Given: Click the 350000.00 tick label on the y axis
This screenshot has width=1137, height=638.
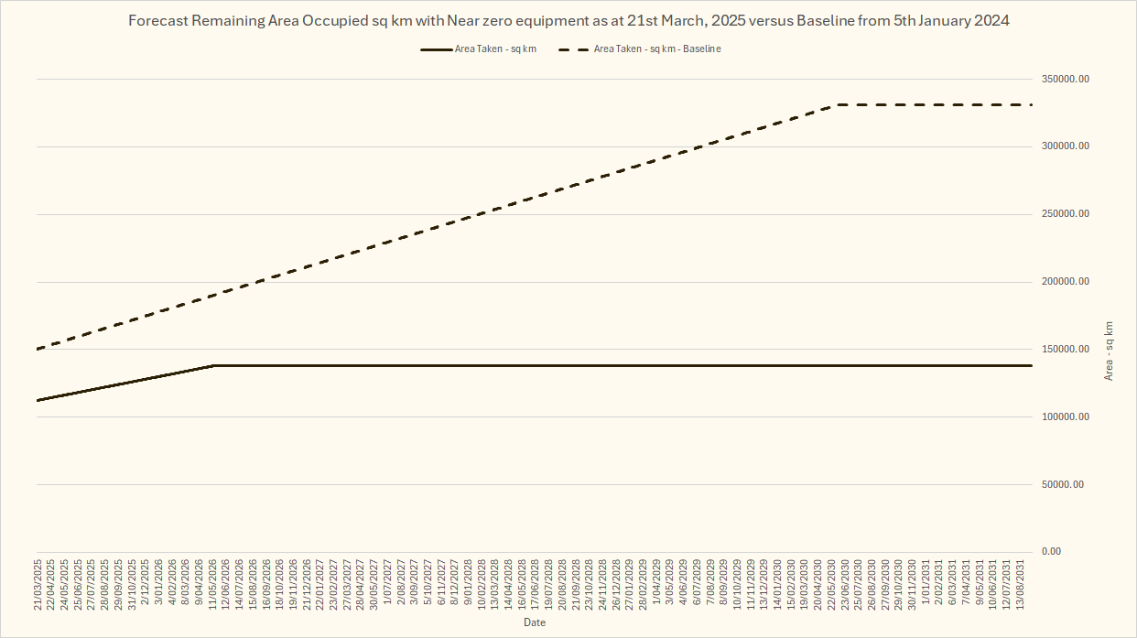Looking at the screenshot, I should click(1066, 80).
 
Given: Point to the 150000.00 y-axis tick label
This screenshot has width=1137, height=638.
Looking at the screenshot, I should click(1066, 350).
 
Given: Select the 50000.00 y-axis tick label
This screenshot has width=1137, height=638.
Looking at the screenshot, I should click(1063, 484).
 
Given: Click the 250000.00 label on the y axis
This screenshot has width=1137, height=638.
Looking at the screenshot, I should click(1066, 214).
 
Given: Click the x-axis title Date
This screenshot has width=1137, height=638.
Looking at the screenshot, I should click(535, 622).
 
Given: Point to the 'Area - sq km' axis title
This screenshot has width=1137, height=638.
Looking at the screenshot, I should click(1110, 351).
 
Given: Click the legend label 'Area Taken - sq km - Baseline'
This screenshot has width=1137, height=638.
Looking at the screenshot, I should click(657, 49).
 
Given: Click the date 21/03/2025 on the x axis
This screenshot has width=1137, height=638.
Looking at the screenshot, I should click(38, 583).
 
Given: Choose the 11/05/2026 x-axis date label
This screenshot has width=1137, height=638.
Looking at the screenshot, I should click(213, 583).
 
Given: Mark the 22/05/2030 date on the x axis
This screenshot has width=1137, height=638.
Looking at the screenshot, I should click(831, 583).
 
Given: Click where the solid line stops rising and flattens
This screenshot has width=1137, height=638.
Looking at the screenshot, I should click(213, 365).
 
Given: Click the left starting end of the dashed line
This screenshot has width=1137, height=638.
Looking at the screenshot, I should click(38, 349).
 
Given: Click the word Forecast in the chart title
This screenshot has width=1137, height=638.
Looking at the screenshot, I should click(158, 20).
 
